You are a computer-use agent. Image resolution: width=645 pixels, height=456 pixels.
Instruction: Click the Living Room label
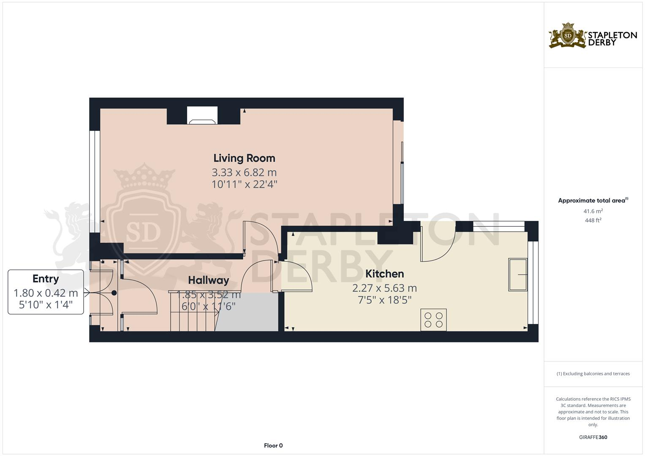(244, 158)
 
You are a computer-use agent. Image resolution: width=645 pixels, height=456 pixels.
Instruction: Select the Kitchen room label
(384, 274)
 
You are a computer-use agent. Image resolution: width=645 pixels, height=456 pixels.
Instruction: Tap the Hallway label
(208, 280)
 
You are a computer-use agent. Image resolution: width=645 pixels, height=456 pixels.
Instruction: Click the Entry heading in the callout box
(46, 279)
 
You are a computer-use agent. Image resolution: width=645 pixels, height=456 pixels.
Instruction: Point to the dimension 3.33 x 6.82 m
(244, 172)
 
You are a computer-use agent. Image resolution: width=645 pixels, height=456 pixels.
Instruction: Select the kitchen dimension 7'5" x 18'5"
(384, 300)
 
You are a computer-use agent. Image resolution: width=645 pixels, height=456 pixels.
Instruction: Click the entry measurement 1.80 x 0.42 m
(46, 293)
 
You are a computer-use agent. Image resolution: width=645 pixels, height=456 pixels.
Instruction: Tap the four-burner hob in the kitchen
(433, 320)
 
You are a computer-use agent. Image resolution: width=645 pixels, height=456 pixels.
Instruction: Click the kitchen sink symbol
(517, 274)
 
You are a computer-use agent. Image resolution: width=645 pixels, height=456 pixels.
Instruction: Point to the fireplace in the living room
(203, 116)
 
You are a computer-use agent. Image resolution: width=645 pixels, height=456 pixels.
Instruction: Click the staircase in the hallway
(192, 312)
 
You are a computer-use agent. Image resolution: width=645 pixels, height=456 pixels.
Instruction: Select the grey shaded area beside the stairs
(249, 312)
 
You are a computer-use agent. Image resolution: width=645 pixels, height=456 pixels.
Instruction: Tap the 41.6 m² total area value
(593, 211)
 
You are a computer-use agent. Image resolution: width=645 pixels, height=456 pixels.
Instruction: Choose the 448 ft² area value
(593, 220)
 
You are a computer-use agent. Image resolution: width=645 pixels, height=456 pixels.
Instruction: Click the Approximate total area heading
(593, 201)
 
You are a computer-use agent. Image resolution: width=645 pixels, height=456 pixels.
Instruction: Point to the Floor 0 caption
(273, 445)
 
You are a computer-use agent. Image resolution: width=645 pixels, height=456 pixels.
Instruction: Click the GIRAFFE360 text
(593, 437)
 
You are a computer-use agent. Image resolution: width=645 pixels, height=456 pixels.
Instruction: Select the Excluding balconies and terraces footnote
(593, 374)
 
